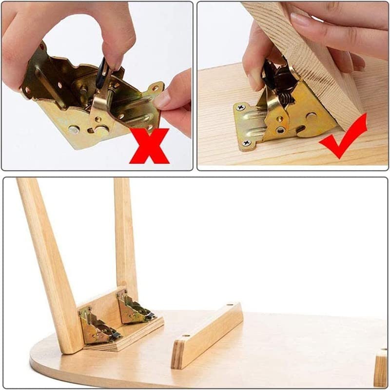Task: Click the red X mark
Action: point(149,145)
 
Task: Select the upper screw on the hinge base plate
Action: point(240,107)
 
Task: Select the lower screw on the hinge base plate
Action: point(246,142)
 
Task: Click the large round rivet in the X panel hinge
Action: point(101,130)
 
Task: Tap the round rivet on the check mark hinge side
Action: point(310,117)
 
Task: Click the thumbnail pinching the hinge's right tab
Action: point(162,99)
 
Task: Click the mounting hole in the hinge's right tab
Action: point(156,89)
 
